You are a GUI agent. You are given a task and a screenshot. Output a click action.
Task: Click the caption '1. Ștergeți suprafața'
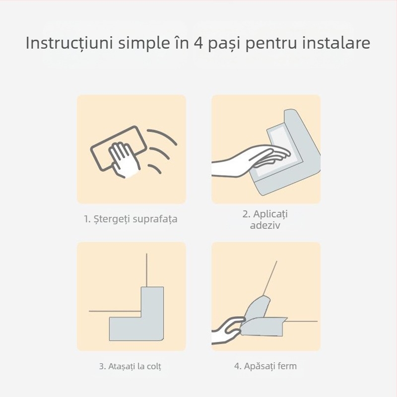click(131, 219)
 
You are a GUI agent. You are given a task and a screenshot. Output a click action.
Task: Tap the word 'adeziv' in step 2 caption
click(265, 226)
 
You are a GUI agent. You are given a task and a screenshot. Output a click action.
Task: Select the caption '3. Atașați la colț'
click(131, 367)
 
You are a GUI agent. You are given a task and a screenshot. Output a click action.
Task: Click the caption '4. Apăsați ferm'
click(265, 367)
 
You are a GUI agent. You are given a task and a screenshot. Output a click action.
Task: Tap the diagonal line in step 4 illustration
click(270, 278)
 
